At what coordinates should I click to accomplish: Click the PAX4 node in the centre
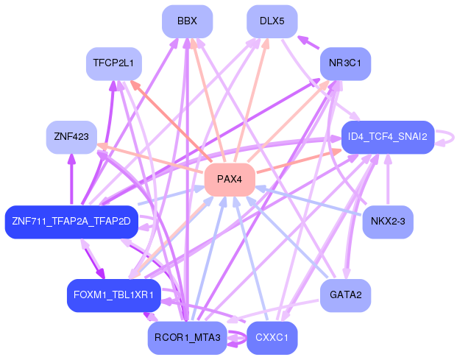(230, 180)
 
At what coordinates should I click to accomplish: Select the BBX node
(187, 21)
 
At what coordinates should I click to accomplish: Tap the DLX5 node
(272, 21)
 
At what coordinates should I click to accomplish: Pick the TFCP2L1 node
(113, 63)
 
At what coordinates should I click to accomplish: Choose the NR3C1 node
(345, 63)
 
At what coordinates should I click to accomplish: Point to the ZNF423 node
(71, 137)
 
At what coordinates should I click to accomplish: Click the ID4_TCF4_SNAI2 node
(388, 137)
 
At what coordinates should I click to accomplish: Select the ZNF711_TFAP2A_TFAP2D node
(71, 222)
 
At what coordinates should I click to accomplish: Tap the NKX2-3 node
(388, 222)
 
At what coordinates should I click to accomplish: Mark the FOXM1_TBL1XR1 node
(113, 295)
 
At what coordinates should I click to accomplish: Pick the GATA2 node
(345, 295)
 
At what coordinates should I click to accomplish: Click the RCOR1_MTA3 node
(187, 338)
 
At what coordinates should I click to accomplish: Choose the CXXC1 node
(272, 338)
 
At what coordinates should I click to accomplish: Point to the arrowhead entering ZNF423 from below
(71, 158)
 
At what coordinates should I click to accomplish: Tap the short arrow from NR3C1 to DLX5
(308, 42)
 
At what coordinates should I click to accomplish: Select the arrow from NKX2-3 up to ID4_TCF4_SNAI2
(388, 180)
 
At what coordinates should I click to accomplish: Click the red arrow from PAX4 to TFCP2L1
(171, 121)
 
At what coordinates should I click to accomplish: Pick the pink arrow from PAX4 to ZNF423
(150, 158)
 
